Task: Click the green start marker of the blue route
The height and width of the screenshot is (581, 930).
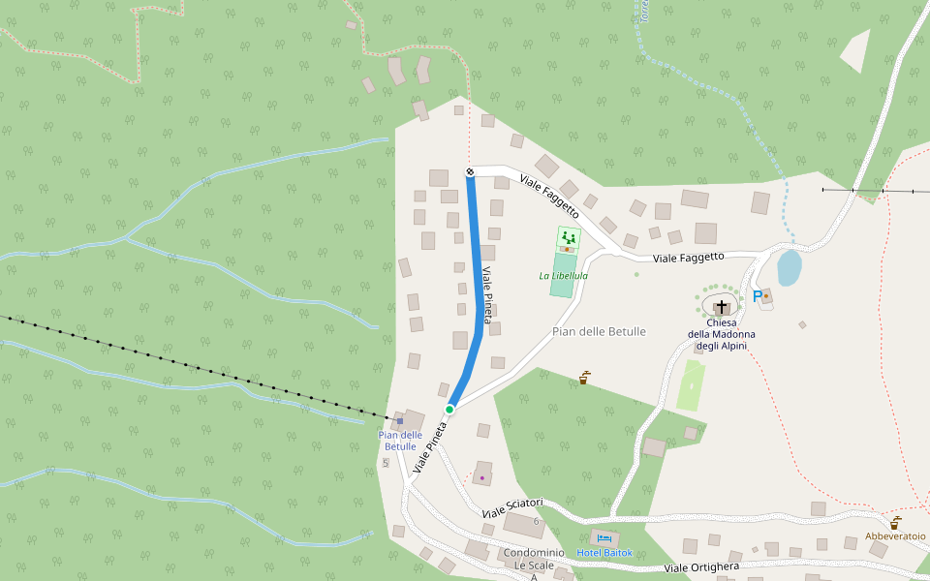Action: (x=449, y=410)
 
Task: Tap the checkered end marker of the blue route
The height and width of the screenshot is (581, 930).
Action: (x=470, y=172)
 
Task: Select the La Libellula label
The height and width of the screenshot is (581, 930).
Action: (x=563, y=276)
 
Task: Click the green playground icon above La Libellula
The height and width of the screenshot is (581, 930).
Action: (x=568, y=236)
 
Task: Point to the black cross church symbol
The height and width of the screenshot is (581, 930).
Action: (x=722, y=307)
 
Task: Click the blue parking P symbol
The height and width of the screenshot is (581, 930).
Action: (x=757, y=296)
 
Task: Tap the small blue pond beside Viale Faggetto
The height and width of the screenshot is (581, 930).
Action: (x=790, y=267)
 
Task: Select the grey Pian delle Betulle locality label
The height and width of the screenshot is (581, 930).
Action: (x=599, y=331)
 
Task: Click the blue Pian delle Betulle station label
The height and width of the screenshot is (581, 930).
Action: (x=400, y=441)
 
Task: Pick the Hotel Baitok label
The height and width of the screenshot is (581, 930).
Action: (x=604, y=553)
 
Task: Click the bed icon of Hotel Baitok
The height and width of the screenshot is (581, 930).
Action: (x=604, y=538)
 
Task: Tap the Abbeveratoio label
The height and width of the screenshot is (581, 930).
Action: (x=895, y=535)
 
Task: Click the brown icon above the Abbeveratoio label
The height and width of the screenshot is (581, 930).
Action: (x=895, y=523)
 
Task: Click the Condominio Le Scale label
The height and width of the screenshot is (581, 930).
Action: (x=533, y=559)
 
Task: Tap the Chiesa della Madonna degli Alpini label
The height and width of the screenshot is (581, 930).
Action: (x=721, y=334)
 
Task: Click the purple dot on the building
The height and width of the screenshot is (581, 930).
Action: (x=481, y=477)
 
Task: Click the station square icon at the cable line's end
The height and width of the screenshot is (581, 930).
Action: (x=399, y=421)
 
